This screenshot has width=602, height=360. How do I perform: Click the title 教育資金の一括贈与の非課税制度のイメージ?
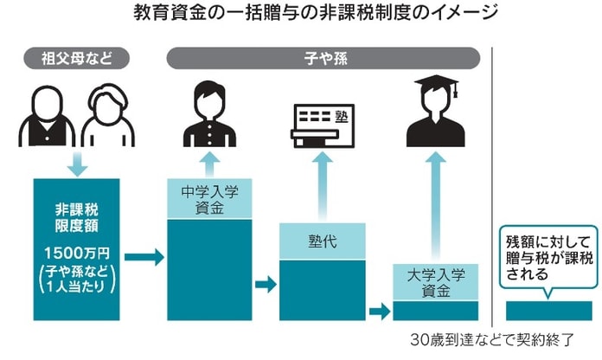tap(302, 15)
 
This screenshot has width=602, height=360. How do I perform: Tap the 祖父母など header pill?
tap(78, 60)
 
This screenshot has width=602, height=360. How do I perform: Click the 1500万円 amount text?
tap(78, 254)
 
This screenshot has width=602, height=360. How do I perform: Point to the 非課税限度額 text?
tap(78, 217)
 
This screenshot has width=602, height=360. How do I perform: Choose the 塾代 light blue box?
tap(322, 241)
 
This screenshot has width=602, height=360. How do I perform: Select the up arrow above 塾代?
tap(322, 186)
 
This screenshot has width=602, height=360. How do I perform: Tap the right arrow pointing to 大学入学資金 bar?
tap(379, 310)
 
